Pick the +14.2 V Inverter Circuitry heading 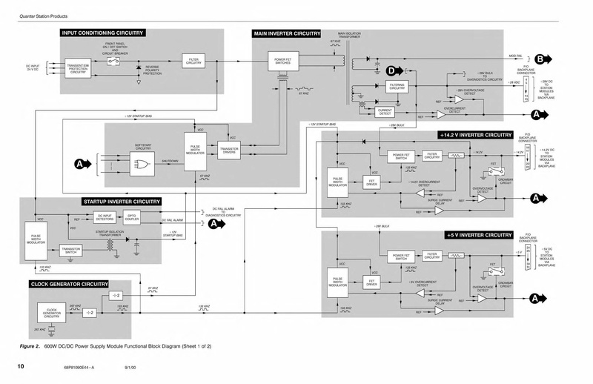(x=475, y=136)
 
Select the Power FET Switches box (x=282, y=61)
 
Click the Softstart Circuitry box (x=145, y=148)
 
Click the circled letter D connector (x=392, y=70)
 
